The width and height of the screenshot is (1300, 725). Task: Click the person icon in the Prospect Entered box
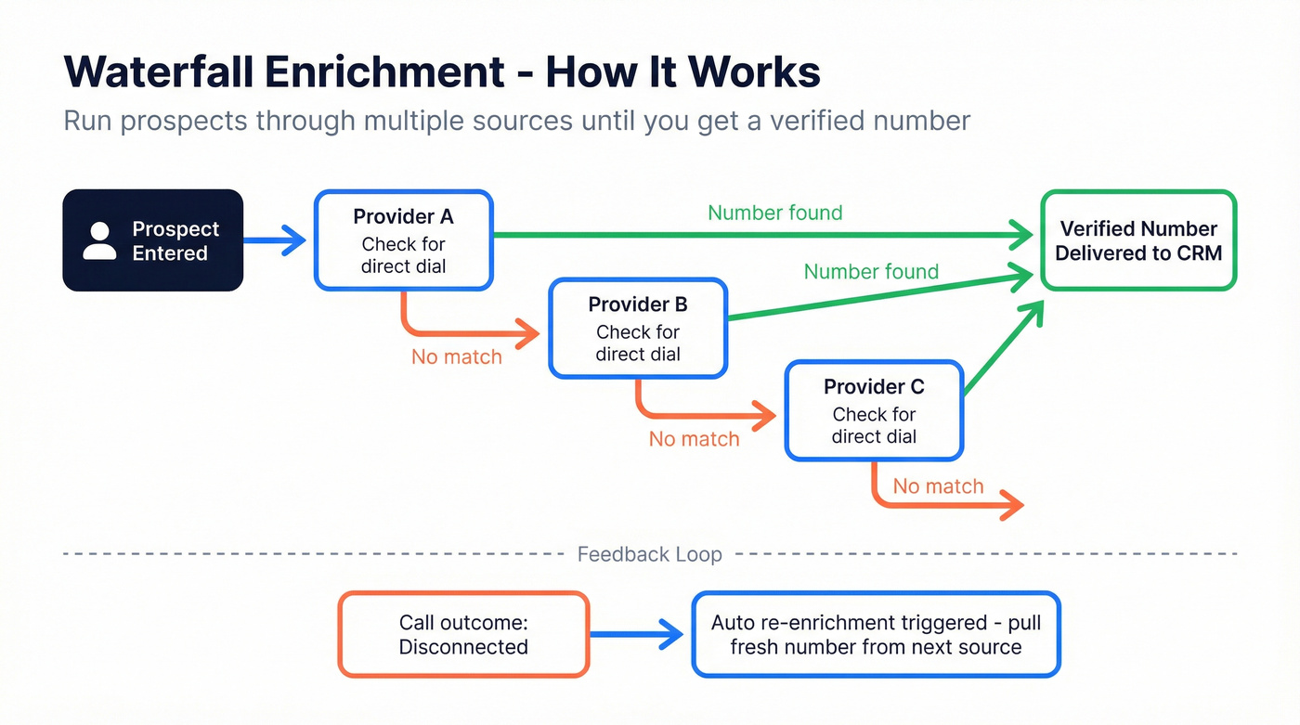[x=99, y=240]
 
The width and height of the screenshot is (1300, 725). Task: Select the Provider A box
[x=403, y=240]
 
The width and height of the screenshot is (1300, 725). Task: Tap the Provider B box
[x=638, y=329]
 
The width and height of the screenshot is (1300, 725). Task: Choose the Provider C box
[x=874, y=410]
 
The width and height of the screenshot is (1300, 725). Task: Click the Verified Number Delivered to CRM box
[x=1138, y=240]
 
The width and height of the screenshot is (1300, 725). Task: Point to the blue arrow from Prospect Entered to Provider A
[x=275, y=240]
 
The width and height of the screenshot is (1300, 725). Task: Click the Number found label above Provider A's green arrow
[x=774, y=213]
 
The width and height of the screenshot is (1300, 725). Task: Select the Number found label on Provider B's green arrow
[x=871, y=271]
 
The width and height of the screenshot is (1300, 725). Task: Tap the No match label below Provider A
[x=456, y=356]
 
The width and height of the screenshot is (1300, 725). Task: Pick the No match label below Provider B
[x=694, y=439]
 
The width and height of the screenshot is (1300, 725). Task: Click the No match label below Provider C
[x=938, y=486]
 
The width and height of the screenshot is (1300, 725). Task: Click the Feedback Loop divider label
[x=649, y=554]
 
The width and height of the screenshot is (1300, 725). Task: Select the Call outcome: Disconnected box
[x=463, y=635]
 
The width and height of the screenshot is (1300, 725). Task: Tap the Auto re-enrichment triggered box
[x=876, y=635]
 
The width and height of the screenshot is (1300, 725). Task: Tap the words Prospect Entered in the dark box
[x=175, y=240]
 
